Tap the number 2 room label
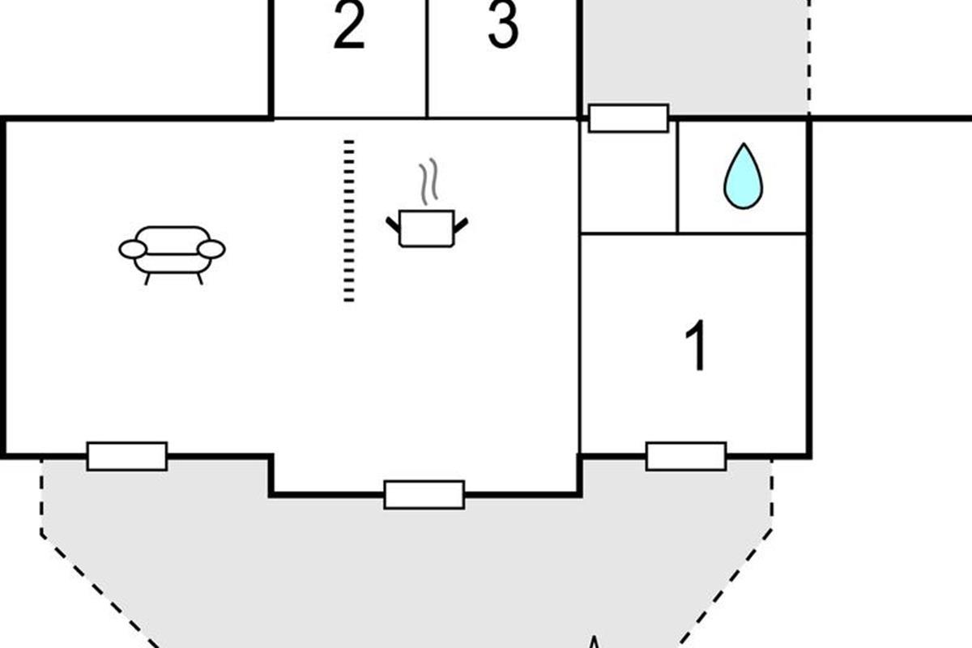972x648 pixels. pos(349,28)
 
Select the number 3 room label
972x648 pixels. pos(502,26)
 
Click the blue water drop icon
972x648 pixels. pos(743,177)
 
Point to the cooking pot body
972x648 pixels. pos(427,228)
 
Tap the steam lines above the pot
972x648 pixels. pos(428,180)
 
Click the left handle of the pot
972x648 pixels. pos(393,224)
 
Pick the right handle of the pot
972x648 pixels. pos(461,224)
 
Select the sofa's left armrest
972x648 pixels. pos(132,249)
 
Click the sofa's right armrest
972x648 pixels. pos(211,249)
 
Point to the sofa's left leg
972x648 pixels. pos(147,279)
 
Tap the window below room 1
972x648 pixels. pos(686,456)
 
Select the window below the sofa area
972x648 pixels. pos(127,456)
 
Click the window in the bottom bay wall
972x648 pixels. pos(424,494)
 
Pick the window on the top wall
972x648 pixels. pos(629,118)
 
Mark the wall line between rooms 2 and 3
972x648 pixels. pos(427,57)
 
